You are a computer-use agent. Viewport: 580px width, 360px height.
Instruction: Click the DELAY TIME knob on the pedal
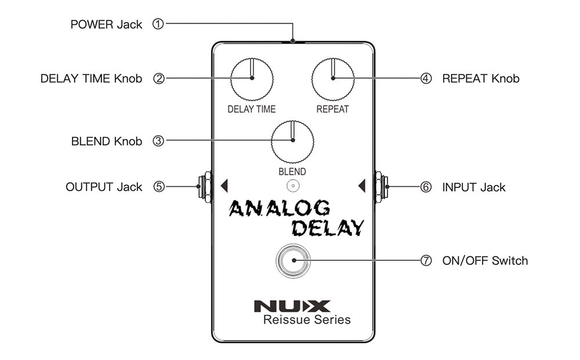(x=252, y=79)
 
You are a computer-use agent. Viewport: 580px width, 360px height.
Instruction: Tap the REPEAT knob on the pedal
(x=333, y=79)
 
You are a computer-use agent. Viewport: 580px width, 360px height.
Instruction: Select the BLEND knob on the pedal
(x=292, y=141)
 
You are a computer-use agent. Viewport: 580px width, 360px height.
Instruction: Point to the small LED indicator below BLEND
(x=293, y=186)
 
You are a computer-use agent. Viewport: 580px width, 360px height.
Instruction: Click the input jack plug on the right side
(x=381, y=187)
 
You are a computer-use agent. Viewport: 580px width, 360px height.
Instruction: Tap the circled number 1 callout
(x=158, y=24)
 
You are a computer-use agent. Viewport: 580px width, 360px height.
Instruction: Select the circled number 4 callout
(x=426, y=78)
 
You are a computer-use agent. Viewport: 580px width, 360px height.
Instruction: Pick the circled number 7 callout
(x=426, y=261)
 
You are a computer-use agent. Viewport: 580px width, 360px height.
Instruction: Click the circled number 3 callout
(x=158, y=141)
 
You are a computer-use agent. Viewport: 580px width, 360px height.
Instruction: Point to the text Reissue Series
(x=307, y=320)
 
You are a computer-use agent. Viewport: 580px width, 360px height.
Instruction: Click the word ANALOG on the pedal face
(x=280, y=208)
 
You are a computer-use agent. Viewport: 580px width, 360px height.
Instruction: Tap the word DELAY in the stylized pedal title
(x=327, y=228)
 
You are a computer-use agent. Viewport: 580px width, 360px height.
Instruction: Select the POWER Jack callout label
(x=106, y=24)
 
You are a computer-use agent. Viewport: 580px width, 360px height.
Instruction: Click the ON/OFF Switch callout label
(x=485, y=261)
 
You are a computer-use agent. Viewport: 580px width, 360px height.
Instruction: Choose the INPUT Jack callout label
(x=474, y=187)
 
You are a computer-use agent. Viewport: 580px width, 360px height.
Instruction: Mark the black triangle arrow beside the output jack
(x=224, y=186)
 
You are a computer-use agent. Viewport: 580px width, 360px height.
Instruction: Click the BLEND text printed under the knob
(x=292, y=172)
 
